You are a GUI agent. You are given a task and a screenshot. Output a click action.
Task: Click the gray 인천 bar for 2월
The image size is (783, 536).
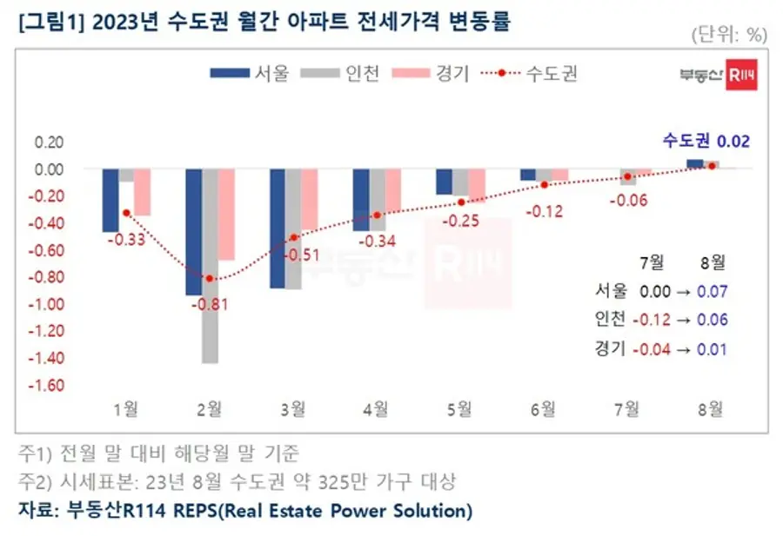210,266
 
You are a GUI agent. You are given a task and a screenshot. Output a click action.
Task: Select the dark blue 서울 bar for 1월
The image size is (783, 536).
110,201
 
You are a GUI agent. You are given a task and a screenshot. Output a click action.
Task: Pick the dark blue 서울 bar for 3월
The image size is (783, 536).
278,228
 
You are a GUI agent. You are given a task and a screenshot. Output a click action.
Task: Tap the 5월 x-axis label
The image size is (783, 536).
459,409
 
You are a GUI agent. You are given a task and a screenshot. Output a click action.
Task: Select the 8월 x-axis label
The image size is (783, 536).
711,409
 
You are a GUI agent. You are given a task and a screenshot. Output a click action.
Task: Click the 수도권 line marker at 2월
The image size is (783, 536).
210,278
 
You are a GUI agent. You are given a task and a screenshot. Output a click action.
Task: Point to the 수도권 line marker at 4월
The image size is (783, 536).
377,215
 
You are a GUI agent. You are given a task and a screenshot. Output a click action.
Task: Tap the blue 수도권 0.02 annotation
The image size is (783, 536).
706,142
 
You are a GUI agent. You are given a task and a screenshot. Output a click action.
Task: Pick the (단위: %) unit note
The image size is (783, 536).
729,35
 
